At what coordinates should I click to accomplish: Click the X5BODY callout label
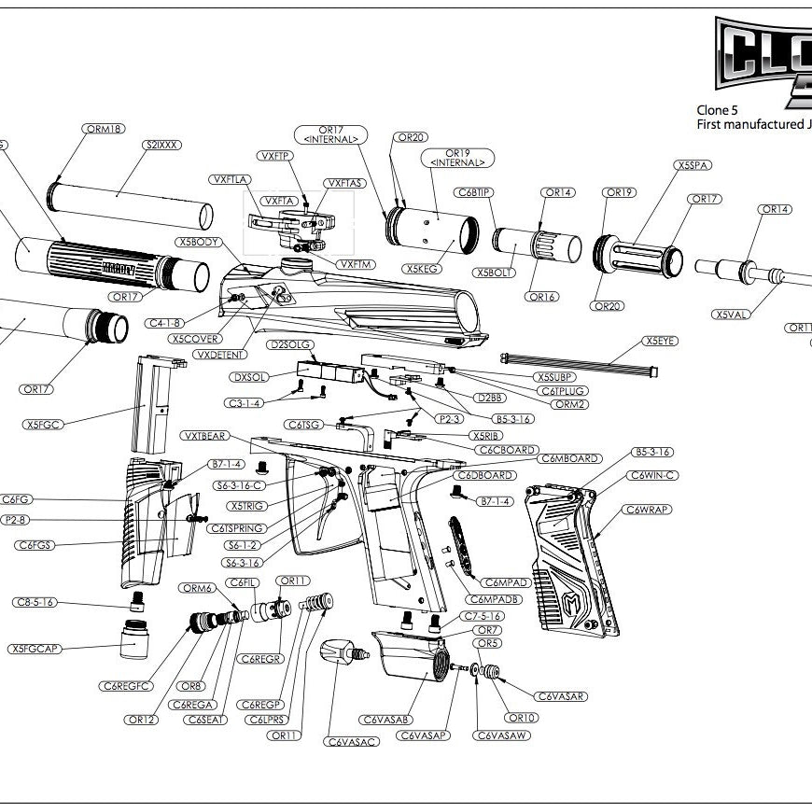point(198,241)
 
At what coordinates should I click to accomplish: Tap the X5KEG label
point(422,269)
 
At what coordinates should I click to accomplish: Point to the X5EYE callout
point(661,341)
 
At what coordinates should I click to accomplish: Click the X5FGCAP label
point(35,649)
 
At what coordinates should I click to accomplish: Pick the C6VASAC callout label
point(352,742)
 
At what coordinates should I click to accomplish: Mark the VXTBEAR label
point(204,437)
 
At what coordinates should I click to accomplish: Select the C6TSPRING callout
point(235,528)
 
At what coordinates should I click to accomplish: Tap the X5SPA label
point(693,165)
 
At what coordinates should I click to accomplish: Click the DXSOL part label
point(251,377)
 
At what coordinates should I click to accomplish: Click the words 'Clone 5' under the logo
point(717,110)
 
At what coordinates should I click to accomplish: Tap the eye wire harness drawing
point(579,363)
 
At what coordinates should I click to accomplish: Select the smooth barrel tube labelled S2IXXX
point(131,203)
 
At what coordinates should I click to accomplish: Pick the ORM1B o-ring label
point(104,129)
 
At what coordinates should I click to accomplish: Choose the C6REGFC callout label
point(128,686)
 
